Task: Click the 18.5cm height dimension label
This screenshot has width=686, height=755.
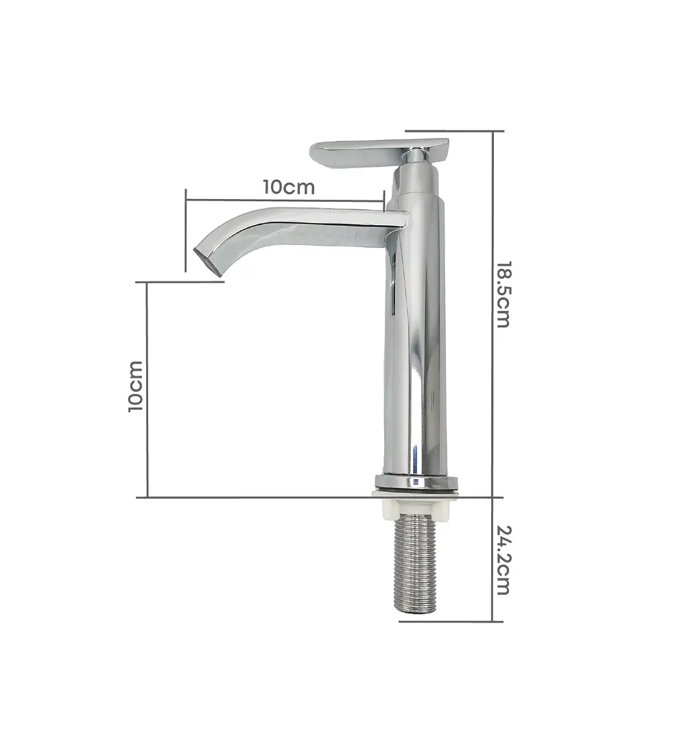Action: click(x=503, y=294)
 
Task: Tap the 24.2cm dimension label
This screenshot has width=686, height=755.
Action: click(x=503, y=560)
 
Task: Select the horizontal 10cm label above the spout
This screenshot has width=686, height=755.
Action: click(x=289, y=187)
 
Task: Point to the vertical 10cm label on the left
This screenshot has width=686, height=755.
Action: click(x=136, y=386)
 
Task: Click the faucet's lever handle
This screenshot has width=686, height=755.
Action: click(x=379, y=154)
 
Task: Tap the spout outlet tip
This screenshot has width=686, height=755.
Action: click(x=208, y=262)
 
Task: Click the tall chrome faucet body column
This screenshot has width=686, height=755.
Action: click(x=415, y=327)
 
